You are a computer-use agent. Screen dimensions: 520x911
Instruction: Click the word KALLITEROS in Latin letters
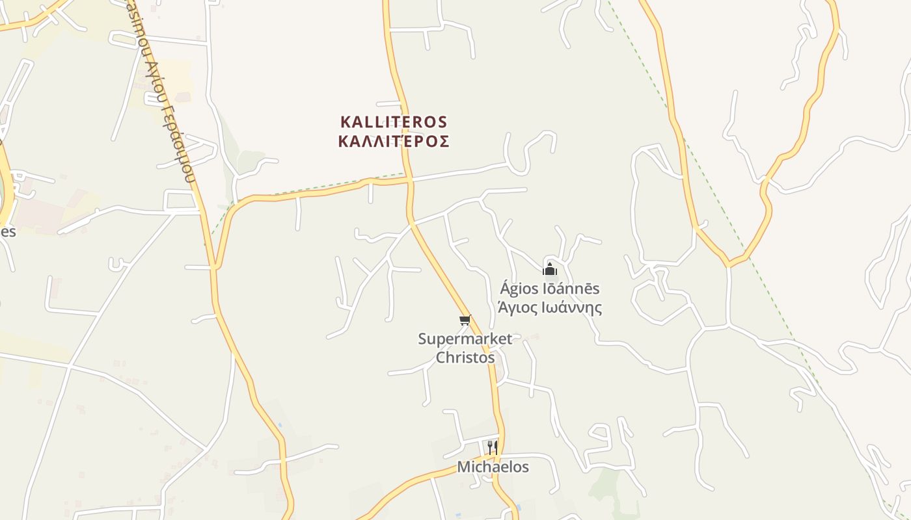(x=394, y=122)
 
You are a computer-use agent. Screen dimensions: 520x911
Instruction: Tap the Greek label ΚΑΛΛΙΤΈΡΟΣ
(x=394, y=142)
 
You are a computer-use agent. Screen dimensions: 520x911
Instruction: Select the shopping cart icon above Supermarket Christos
(x=465, y=320)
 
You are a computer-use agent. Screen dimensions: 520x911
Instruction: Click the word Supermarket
(x=465, y=339)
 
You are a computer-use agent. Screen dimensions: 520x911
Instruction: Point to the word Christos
(x=465, y=357)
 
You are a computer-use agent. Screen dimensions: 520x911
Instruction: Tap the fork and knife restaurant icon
(x=493, y=447)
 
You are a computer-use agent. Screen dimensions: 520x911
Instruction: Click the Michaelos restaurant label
(x=493, y=467)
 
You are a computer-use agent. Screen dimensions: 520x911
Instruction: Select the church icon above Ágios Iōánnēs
(x=550, y=269)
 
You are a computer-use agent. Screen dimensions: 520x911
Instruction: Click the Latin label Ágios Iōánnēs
(x=550, y=288)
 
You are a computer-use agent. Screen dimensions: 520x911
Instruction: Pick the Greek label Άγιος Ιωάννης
(x=550, y=307)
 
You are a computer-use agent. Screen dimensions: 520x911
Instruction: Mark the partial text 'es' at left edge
(x=7, y=231)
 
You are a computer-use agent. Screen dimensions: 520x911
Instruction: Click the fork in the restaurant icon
(x=489, y=447)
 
